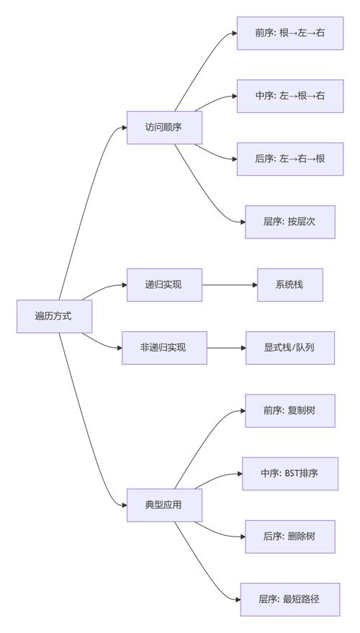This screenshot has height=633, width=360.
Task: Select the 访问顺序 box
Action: click(164, 127)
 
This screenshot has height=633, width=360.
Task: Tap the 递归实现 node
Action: click(164, 284)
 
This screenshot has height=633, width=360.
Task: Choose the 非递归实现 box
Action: click(164, 348)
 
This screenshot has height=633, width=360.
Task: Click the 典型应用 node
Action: click(164, 505)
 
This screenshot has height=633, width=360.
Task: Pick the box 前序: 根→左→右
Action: click(290, 33)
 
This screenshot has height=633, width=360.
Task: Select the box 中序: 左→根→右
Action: click(290, 96)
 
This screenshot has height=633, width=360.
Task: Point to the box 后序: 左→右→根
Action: click(290, 158)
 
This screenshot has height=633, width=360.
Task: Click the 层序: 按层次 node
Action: click(290, 222)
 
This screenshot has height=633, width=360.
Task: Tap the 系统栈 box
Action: click(290, 284)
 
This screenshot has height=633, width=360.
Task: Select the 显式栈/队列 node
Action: click(290, 348)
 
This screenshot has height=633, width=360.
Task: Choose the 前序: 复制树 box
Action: click(290, 410)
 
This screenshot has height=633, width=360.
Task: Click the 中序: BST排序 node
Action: click(290, 473)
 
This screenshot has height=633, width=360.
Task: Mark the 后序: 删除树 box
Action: click(290, 537)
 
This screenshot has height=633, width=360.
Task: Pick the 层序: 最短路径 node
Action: click(290, 599)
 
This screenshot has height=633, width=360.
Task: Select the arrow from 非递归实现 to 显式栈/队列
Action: click(226, 348)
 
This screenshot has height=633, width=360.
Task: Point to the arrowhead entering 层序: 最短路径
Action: click(237, 599)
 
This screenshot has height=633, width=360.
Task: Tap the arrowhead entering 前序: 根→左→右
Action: click(233, 33)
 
